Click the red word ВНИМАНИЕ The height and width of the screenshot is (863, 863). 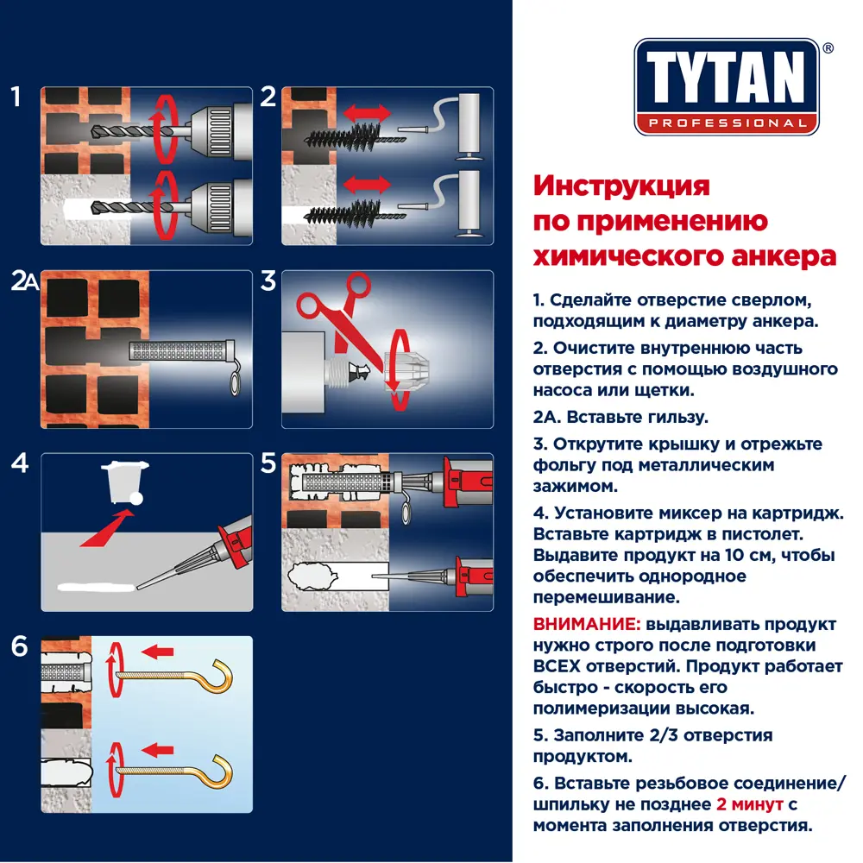coord(584,624)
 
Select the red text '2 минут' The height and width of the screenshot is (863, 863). coord(748,804)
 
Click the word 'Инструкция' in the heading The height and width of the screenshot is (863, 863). coord(621,186)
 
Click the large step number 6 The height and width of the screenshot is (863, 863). coord(19,646)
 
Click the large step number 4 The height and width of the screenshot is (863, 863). coord(19,463)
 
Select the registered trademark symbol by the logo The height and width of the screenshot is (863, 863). coord(828,49)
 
